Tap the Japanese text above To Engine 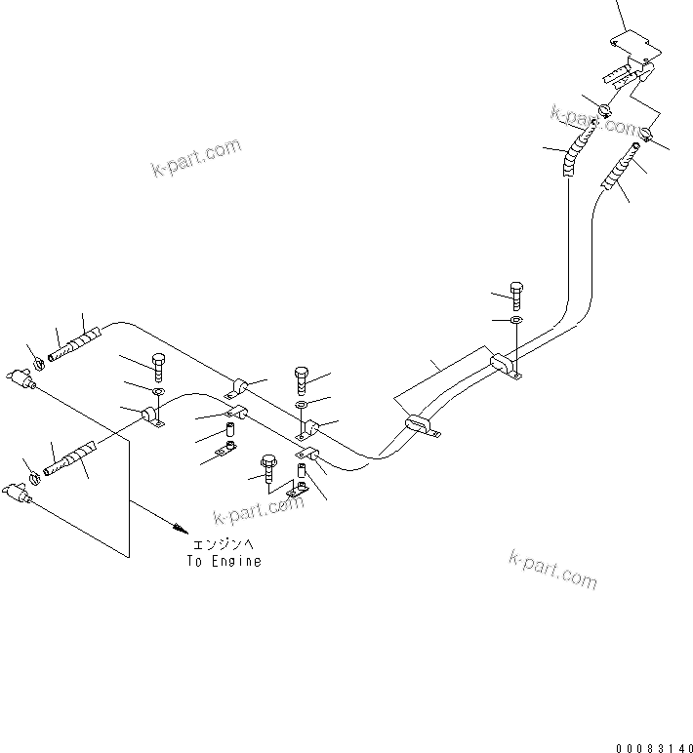tap(224, 545)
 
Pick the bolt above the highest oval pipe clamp tap(516, 290)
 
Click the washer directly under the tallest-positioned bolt tap(515, 319)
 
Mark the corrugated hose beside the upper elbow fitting tap(77, 346)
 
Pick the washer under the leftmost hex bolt tap(157, 392)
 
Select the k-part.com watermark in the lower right tap(552, 569)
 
